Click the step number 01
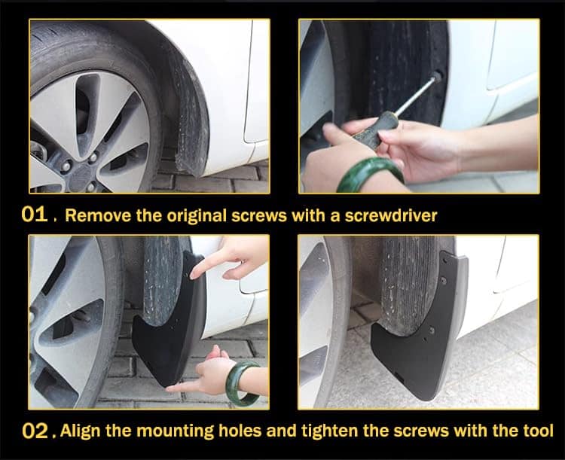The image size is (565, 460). [35, 215]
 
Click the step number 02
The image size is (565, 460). [35, 431]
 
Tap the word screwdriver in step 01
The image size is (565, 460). [391, 215]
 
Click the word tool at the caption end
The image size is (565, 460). [538, 431]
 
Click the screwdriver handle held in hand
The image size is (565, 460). [374, 130]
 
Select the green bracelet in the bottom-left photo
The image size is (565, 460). [242, 384]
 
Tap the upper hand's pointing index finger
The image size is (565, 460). [205, 266]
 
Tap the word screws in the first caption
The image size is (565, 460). [259, 216]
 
